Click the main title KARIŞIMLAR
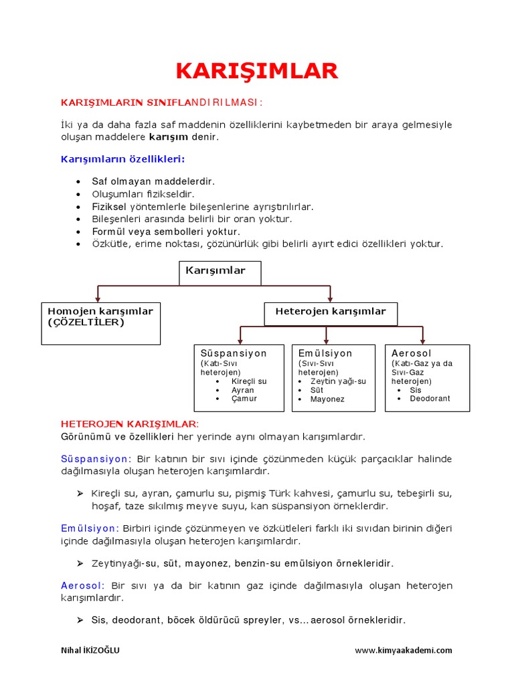[x=257, y=71]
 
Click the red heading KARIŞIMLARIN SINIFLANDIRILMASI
[x=162, y=102]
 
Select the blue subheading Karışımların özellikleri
[x=122, y=159]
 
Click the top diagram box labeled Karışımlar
[x=220, y=272]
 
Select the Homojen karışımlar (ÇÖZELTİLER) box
[x=100, y=323]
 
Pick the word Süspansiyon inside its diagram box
[x=234, y=353]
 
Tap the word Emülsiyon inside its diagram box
[x=325, y=353]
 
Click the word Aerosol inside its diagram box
[x=412, y=353]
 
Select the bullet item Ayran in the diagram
[x=243, y=390]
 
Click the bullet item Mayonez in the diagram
[x=327, y=399]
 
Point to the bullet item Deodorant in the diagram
[x=430, y=399]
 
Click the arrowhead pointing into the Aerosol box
[x=423, y=340]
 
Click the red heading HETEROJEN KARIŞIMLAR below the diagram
[x=130, y=424]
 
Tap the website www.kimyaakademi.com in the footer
[x=403, y=650]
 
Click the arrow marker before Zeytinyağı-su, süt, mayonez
[x=80, y=563]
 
